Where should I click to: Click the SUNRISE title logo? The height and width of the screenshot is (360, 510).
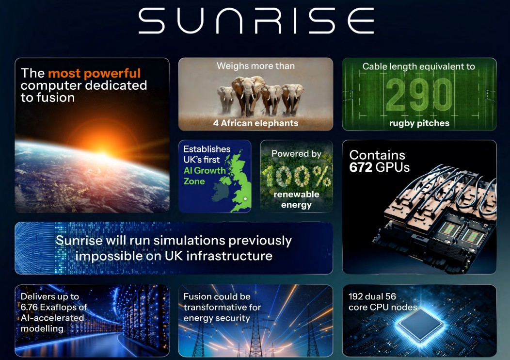click(256, 21)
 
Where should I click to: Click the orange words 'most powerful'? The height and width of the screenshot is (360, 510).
click(95, 73)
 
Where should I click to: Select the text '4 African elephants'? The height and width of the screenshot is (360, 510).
click(255, 123)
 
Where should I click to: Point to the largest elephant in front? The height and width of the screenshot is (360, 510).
click(248, 97)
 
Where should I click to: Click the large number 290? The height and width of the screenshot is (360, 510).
click(419, 95)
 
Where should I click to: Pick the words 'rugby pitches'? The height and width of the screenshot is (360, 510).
click(419, 123)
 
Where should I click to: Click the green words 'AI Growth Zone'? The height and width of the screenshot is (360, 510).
click(204, 176)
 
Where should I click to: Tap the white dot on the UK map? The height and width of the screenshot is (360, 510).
click(245, 199)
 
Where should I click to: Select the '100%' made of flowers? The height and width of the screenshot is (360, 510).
click(296, 176)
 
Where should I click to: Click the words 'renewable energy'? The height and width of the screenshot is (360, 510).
click(296, 199)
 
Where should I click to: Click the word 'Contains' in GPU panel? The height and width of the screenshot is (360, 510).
click(377, 155)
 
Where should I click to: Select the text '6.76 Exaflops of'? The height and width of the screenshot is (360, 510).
click(54, 307)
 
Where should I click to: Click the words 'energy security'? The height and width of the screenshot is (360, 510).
click(217, 318)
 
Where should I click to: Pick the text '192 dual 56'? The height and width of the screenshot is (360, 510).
click(372, 296)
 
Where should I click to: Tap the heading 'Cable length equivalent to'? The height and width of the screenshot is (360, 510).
click(419, 66)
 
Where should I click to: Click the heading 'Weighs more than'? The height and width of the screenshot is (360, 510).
click(255, 66)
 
